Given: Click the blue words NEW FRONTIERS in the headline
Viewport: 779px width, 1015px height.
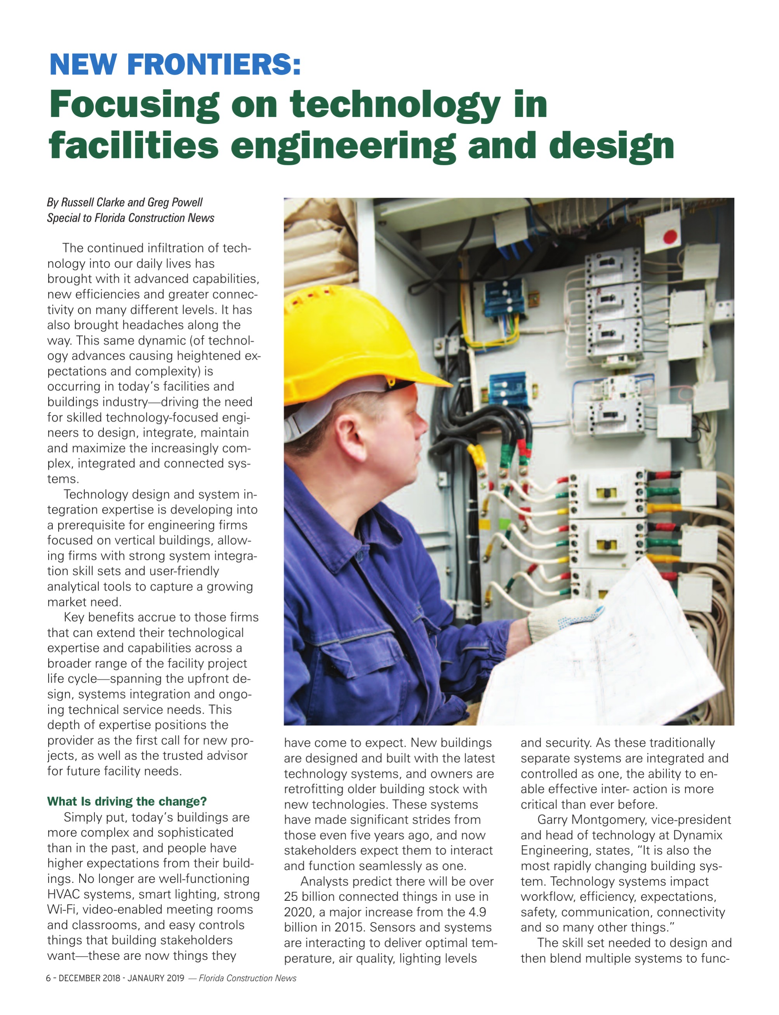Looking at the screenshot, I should point(175,64).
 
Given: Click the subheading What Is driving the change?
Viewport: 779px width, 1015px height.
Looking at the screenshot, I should point(127,802).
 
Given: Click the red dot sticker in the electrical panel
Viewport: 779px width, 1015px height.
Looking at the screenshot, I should point(670,237).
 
